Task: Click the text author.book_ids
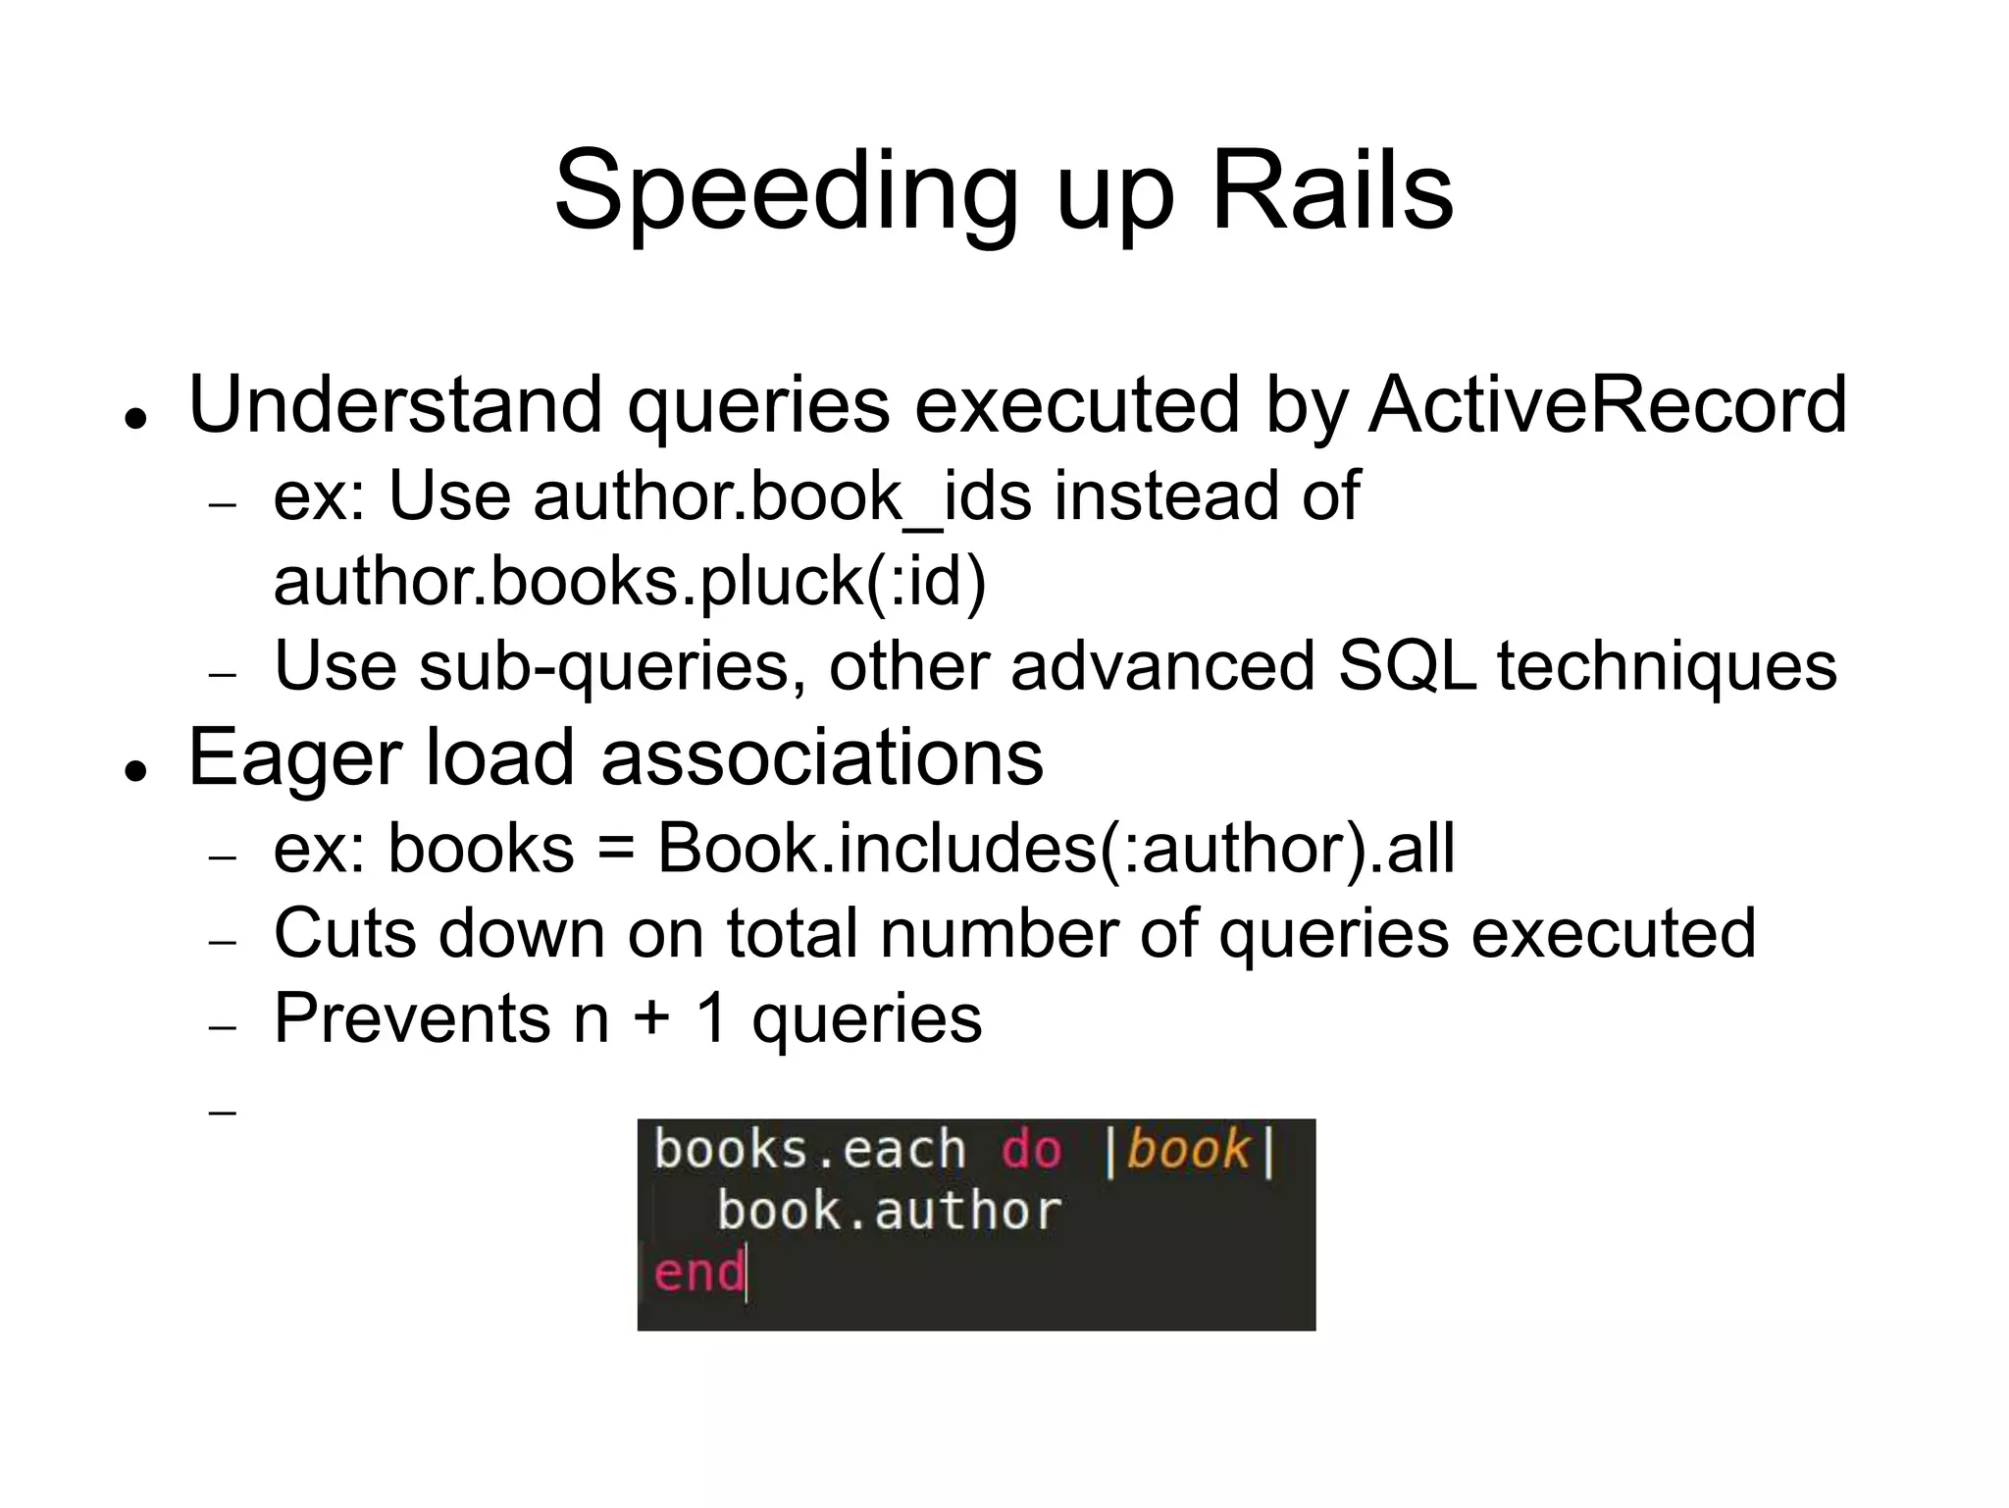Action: coord(782,495)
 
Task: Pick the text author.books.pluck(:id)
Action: coord(630,581)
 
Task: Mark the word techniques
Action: coord(1667,667)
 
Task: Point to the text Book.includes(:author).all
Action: coord(1056,849)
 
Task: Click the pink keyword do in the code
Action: coord(1031,1150)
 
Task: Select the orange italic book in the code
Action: coord(1188,1150)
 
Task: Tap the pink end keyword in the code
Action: coord(698,1273)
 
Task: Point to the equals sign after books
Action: coord(615,851)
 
